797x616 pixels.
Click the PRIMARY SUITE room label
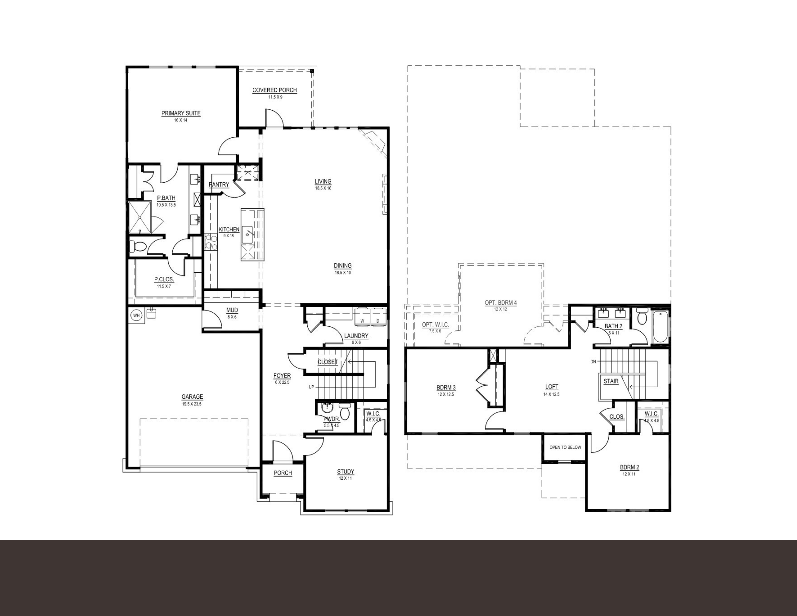pyautogui.click(x=181, y=113)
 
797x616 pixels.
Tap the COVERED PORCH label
pyautogui.click(x=274, y=90)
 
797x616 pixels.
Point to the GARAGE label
pyautogui.click(x=192, y=397)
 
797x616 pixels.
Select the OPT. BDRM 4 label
pyautogui.click(x=501, y=303)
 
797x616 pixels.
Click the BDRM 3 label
pyautogui.click(x=446, y=388)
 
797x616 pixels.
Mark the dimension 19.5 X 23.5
pyautogui.click(x=192, y=404)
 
